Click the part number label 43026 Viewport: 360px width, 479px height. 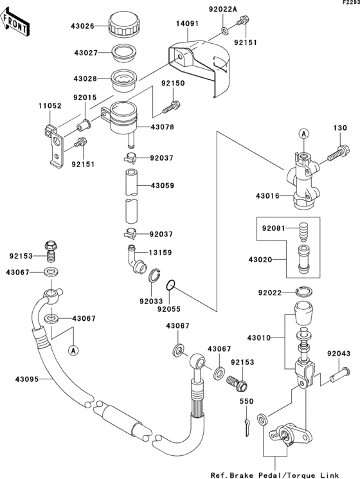(x=82, y=26)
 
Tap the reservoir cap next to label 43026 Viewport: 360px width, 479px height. (x=123, y=25)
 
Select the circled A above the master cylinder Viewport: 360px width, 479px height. (x=302, y=134)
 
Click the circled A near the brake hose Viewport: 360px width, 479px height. (x=73, y=350)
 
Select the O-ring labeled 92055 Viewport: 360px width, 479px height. (x=168, y=285)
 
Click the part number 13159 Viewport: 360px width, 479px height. (x=162, y=252)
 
